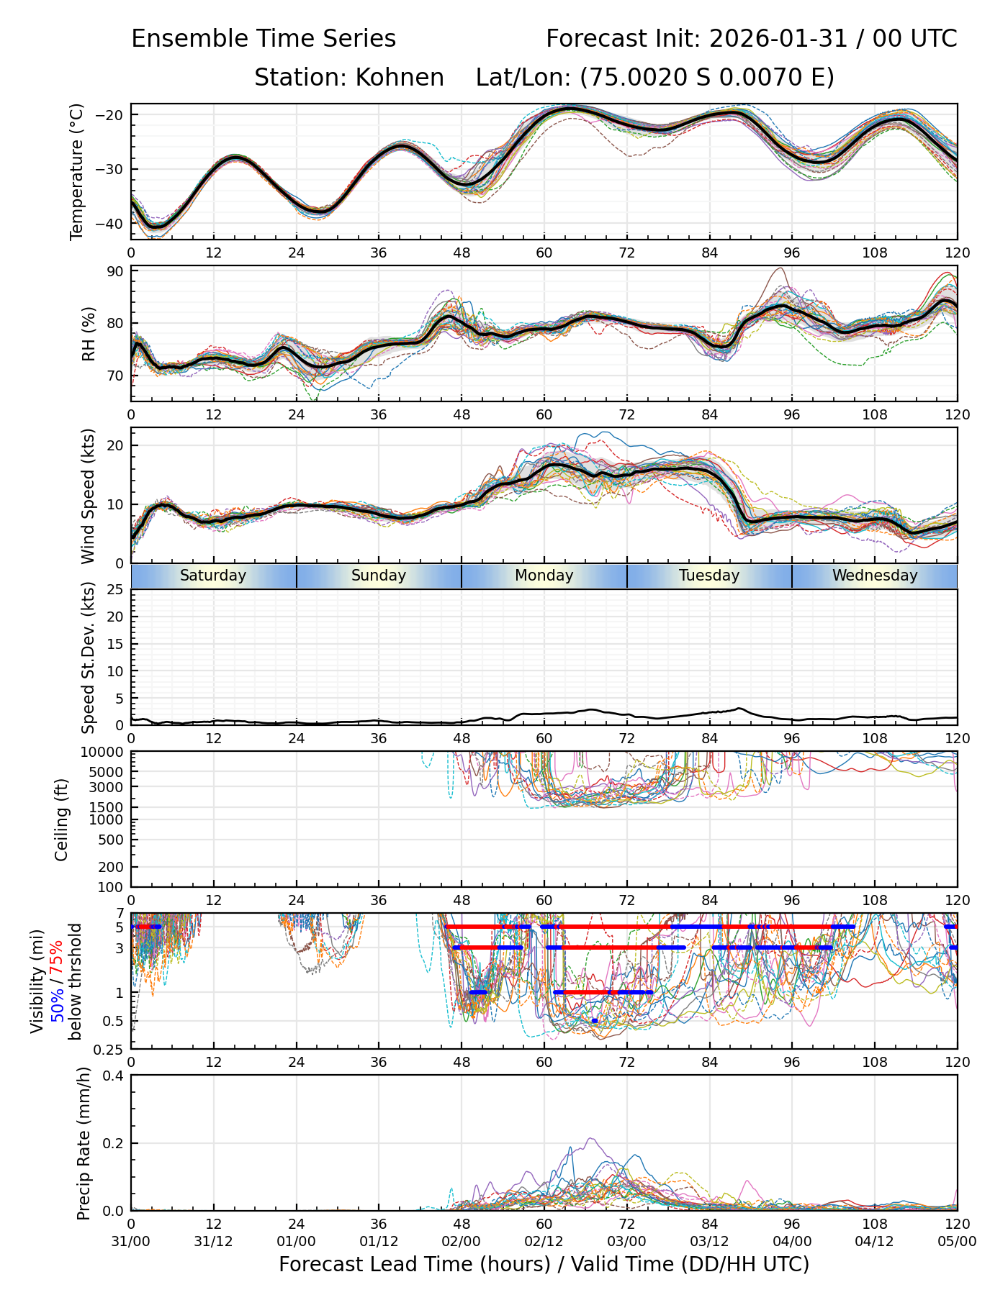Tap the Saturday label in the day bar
click(x=213, y=576)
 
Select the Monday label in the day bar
click(x=544, y=576)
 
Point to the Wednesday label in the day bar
click(x=875, y=576)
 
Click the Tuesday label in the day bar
click(x=709, y=576)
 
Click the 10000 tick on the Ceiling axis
click(x=104, y=753)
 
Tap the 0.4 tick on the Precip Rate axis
click(x=113, y=1076)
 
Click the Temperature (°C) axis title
click(x=77, y=171)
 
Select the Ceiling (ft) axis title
click(x=63, y=819)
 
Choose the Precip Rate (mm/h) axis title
click(x=84, y=1143)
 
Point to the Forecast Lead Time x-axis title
click(x=544, y=1264)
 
